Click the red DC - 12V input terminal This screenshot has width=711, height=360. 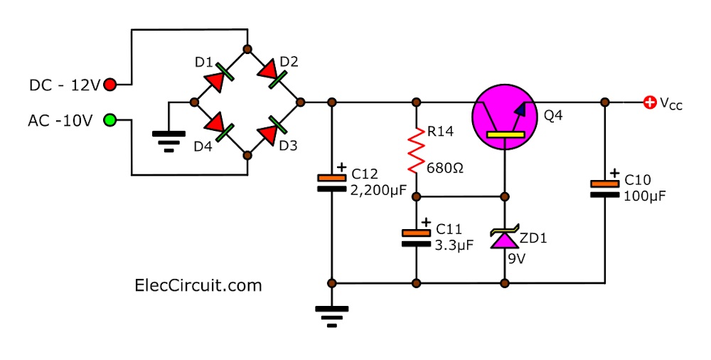110,85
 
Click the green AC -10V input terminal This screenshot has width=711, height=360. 110,120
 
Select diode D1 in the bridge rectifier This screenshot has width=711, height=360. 220,76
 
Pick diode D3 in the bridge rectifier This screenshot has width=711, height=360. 273,129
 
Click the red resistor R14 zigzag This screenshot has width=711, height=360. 416,149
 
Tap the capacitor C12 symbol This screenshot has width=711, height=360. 331,183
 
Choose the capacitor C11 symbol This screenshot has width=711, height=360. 416,237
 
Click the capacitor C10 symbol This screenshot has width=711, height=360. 604,188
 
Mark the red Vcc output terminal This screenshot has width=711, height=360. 649,102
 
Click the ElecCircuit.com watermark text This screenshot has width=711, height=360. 198,285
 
